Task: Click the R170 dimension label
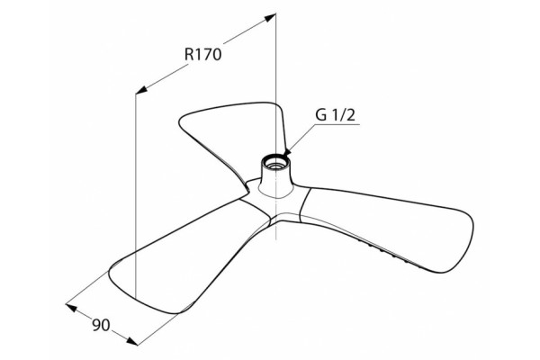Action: pos(202,54)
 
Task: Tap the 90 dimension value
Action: pos(101,325)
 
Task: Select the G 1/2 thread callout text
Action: pos(335,115)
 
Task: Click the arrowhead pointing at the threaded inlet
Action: pos(288,151)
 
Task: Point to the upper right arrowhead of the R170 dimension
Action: pos(271,17)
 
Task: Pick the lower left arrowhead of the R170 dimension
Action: pos(141,90)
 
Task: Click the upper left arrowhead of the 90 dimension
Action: pos(71,307)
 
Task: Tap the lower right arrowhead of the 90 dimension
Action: pos(132,340)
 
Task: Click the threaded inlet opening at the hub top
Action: pos(275,162)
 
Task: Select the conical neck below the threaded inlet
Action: pos(275,181)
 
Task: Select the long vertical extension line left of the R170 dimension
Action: pos(136,195)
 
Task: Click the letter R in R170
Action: pos(189,54)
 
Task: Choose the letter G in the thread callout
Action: pos(320,115)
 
